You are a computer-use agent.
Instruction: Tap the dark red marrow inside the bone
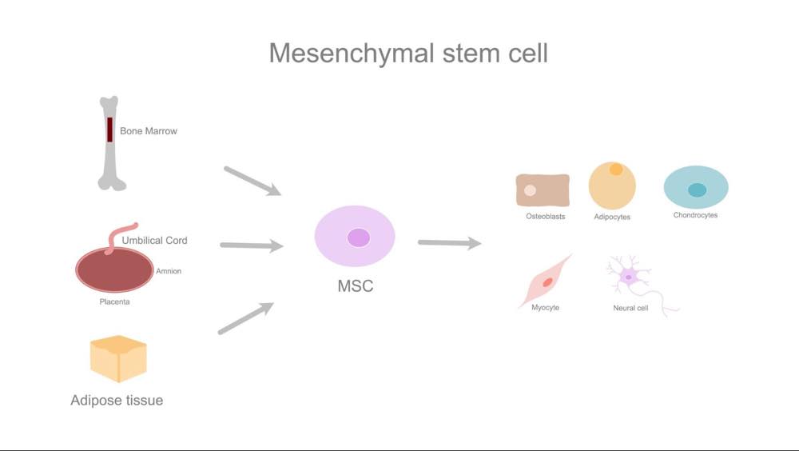(109, 130)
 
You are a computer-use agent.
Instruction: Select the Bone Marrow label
(149, 131)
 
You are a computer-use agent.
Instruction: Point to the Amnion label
(169, 271)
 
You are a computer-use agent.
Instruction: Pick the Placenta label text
(114, 301)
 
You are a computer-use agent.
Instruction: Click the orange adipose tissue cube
(118, 359)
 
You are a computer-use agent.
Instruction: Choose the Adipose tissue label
(117, 400)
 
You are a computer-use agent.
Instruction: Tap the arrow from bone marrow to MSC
(252, 181)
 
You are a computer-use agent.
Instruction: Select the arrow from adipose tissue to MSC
(246, 318)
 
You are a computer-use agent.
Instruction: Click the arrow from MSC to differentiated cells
(449, 243)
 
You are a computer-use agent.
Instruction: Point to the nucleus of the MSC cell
(359, 237)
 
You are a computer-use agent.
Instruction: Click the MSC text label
(356, 285)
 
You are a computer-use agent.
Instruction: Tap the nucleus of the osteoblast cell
(530, 190)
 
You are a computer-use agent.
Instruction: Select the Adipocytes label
(612, 217)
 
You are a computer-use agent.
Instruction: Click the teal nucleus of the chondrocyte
(697, 190)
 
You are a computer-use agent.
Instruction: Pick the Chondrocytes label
(695, 215)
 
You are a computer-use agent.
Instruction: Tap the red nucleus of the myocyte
(548, 282)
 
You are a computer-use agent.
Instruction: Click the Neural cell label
(630, 308)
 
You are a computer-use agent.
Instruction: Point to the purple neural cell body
(629, 277)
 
